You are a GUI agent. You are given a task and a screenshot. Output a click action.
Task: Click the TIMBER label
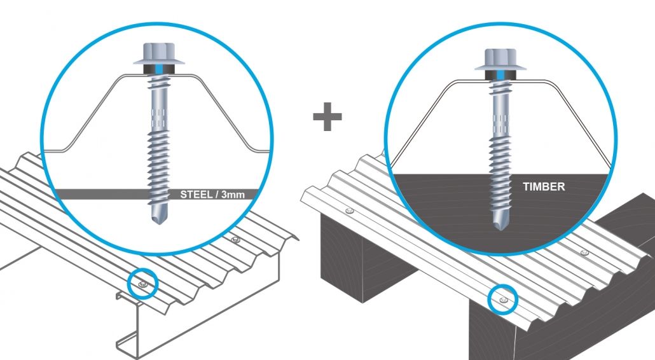(x=543, y=188)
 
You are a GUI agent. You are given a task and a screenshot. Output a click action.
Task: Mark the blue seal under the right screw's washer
(x=500, y=76)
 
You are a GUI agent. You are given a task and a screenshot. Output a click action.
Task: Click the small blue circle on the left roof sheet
(x=142, y=283)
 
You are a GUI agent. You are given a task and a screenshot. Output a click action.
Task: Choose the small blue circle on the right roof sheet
(x=503, y=298)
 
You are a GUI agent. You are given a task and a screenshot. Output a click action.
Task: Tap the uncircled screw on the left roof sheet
(x=235, y=240)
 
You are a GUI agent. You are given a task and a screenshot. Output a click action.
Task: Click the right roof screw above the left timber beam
(x=349, y=211)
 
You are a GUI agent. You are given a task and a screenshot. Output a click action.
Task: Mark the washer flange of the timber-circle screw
(x=500, y=69)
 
